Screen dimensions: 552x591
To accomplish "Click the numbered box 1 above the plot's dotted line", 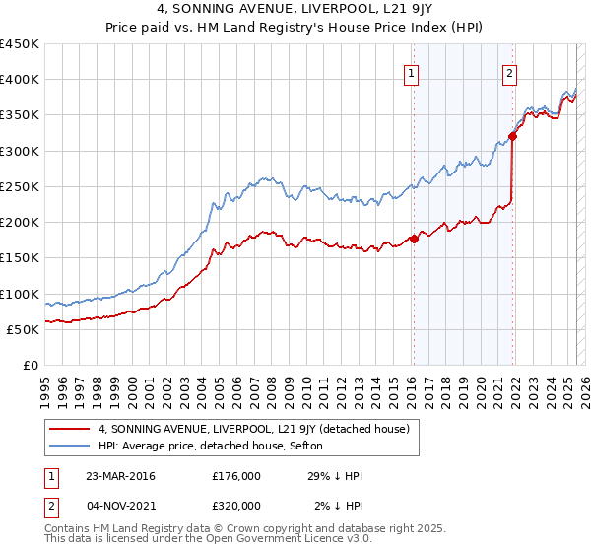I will (411, 71).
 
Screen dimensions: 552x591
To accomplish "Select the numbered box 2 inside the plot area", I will (509, 71).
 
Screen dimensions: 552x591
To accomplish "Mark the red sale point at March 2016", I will (414, 238).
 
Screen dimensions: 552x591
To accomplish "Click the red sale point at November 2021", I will (513, 136).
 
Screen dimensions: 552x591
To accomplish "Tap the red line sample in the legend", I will (70, 429).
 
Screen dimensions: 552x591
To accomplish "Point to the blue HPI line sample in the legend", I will (70, 446).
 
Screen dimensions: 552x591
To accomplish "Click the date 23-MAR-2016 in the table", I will (120, 476).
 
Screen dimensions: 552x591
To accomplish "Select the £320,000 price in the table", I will (235, 505).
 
